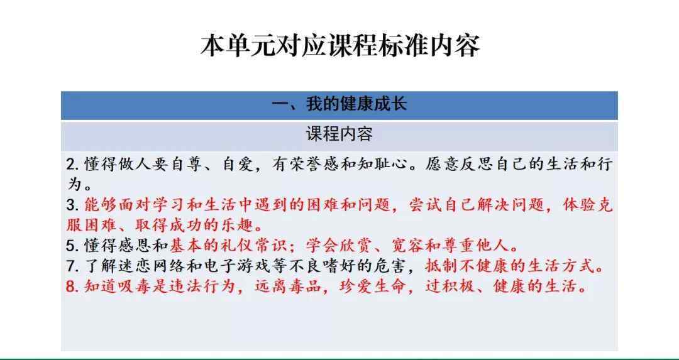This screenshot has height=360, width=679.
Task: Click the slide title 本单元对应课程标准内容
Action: (340, 46)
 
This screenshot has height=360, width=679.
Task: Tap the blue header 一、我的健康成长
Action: (339, 104)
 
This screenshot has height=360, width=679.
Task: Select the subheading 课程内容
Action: (339, 134)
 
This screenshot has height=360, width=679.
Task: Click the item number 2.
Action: (71, 165)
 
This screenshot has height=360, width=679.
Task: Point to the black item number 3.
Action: (71, 205)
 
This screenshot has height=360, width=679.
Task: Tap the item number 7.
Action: (71, 266)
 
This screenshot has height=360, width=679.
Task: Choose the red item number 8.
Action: (71, 286)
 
